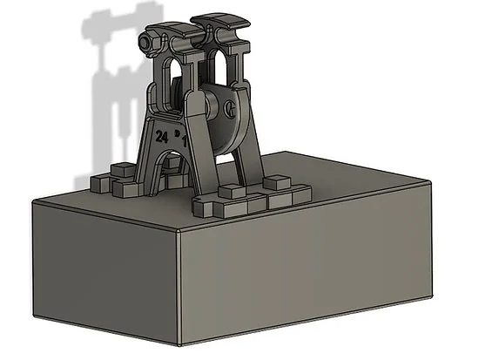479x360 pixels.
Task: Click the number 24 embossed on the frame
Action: pos(161,137)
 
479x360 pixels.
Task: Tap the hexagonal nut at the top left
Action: pos(151,42)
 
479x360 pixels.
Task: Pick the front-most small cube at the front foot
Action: pos(206,207)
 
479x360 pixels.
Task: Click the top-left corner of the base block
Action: pos(33,200)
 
